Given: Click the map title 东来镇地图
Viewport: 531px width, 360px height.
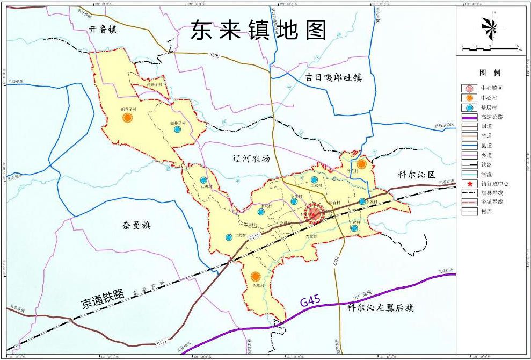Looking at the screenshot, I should (x=259, y=31).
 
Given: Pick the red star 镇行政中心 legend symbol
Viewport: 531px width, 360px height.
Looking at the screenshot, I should (x=469, y=183).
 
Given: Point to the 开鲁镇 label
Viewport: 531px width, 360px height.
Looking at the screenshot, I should (x=103, y=30).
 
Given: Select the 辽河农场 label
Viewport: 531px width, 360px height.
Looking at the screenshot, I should (x=248, y=159).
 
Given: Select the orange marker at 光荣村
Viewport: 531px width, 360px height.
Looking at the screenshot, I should (x=256, y=277).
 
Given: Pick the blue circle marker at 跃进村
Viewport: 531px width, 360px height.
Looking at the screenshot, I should (x=203, y=181).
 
